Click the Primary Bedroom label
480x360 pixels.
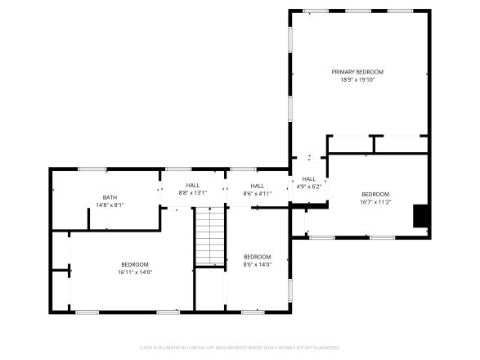point(357,72)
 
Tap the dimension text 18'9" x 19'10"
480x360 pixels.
point(357,80)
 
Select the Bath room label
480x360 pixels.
point(110,197)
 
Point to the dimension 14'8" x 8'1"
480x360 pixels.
point(110,205)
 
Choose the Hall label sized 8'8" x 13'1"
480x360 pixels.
point(193,186)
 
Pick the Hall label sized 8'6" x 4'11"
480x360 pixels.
point(258,186)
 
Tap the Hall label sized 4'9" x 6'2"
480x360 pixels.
point(308,179)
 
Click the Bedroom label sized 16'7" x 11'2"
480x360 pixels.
point(376,194)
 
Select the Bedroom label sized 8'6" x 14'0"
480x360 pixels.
point(257,256)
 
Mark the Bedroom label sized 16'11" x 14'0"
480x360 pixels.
point(135,263)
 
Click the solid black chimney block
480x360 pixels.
point(421,214)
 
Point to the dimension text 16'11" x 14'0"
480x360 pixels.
point(135,272)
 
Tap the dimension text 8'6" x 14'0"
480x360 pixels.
point(257,264)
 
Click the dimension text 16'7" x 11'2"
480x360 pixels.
point(376,202)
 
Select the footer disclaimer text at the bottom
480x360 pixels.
point(240,348)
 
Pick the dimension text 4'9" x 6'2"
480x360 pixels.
point(308,187)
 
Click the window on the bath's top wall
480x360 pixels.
point(92,169)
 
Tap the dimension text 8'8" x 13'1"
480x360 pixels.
point(193,193)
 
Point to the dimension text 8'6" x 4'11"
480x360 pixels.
point(258,193)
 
